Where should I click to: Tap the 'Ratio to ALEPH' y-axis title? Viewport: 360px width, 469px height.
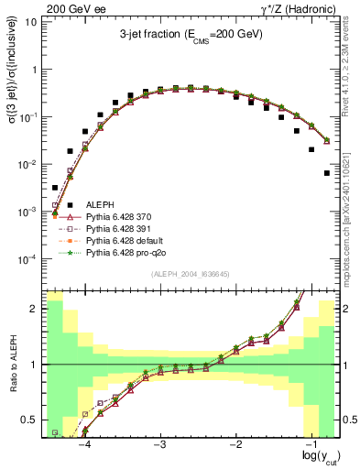tap(12, 364)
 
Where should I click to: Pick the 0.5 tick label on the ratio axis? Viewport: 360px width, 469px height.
tap(27, 420)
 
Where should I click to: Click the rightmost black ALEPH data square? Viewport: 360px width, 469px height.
tap(327, 172)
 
